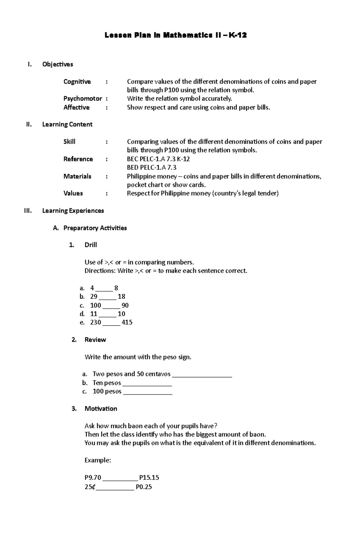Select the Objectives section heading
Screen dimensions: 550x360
tap(58, 64)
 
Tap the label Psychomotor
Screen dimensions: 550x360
tap(82, 99)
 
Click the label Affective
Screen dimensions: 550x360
tap(76, 107)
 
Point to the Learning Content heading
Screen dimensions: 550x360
tap(67, 124)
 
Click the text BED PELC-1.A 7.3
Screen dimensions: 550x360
tap(151, 168)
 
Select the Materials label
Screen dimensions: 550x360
tap(77, 176)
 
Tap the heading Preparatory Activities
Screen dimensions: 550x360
tap(95, 228)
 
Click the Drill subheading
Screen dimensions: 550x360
tap(91, 245)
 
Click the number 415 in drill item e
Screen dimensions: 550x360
tap(127, 323)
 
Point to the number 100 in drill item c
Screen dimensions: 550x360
tap(95, 305)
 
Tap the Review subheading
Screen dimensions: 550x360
tap(95, 340)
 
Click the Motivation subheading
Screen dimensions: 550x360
tap(101, 409)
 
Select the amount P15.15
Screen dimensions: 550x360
tap(149, 477)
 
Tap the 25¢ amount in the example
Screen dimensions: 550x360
tap(90, 487)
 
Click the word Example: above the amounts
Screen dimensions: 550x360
tap(98, 460)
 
